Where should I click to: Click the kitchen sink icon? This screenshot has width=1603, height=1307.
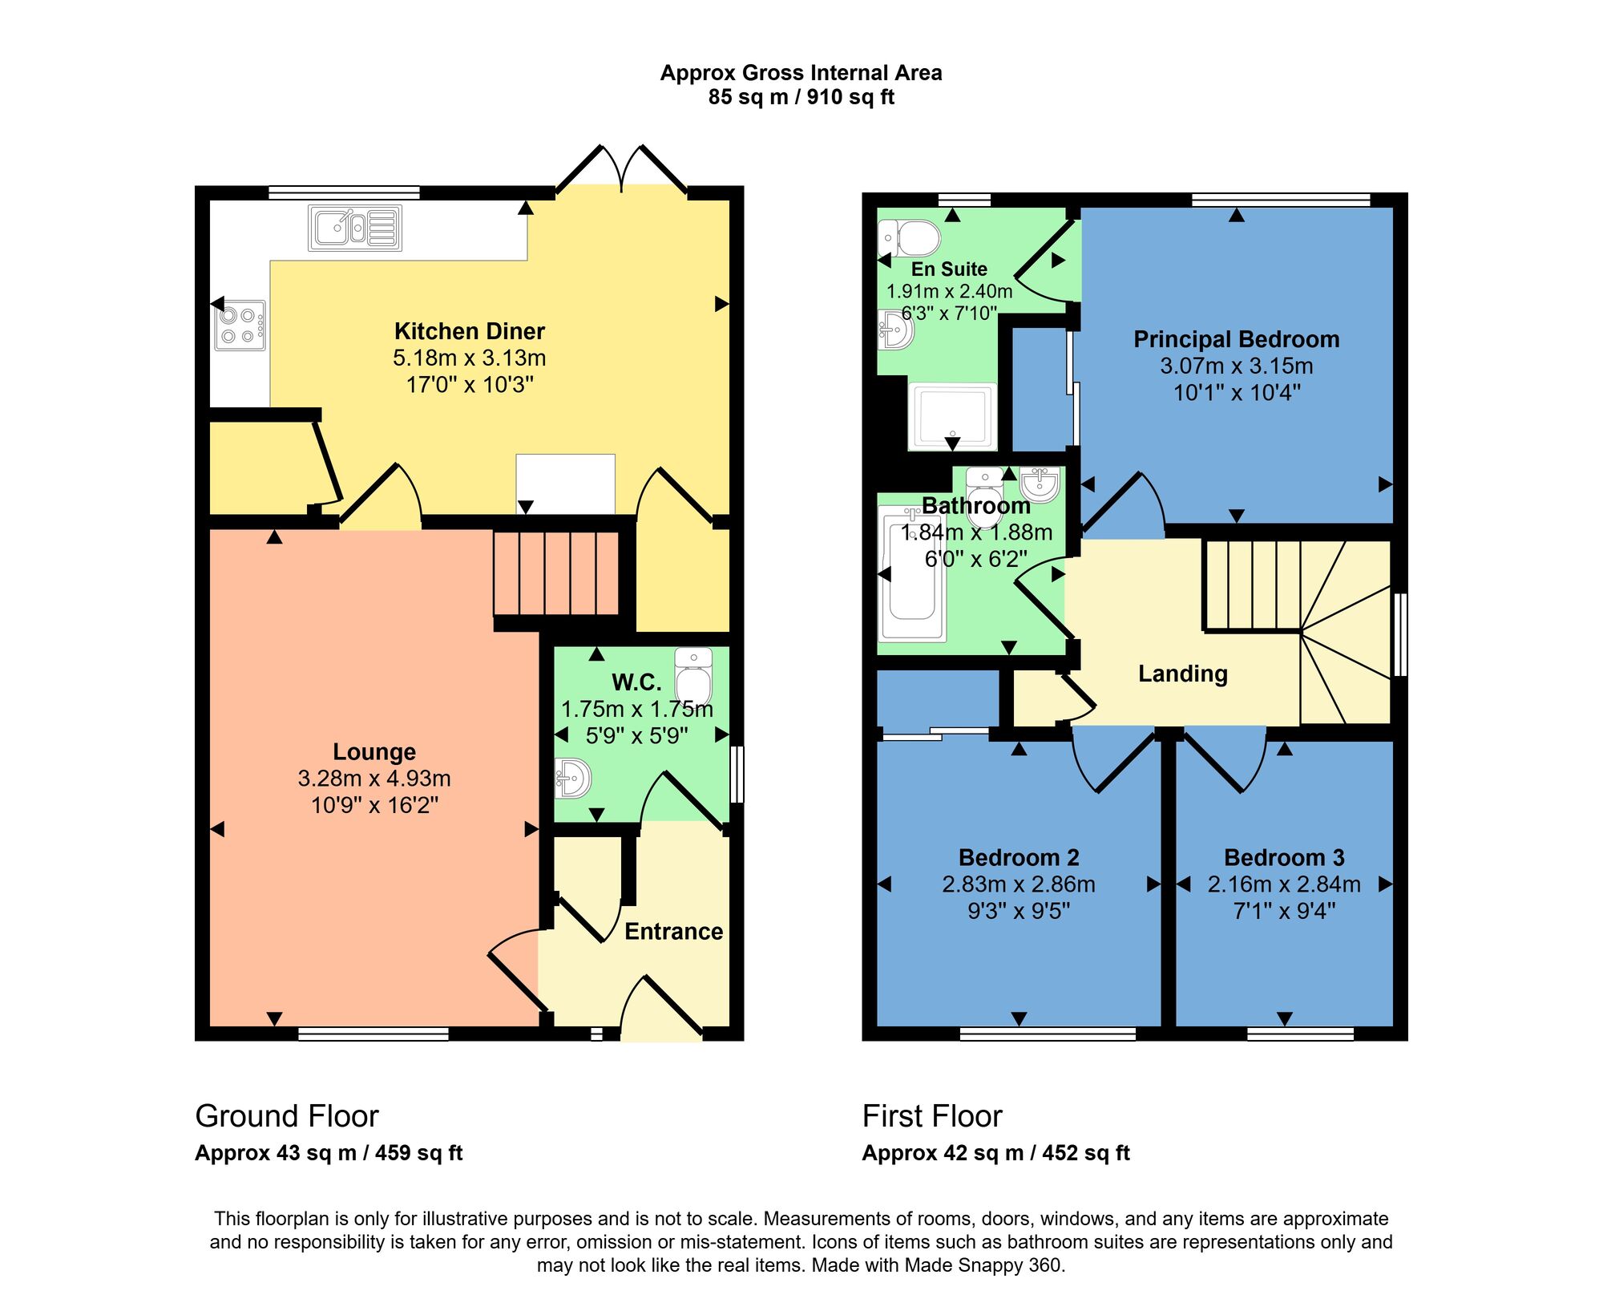pyautogui.click(x=354, y=228)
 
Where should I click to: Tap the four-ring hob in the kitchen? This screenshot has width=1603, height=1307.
pyautogui.click(x=240, y=326)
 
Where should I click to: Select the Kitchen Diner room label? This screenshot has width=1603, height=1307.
pyautogui.click(x=469, y=331)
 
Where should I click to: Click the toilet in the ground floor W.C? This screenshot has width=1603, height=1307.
pyautogui.click(x=693, y=676)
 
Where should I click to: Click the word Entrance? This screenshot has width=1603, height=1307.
pyautogui.click(x=673, y=931)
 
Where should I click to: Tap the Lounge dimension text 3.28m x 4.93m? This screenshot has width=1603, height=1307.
pyautogui.click(x=374, y=779)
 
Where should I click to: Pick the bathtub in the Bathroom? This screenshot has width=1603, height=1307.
pyautogui.click(x=912, y=577)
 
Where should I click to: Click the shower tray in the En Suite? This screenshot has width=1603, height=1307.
pyautogui.click(x=952, y=416)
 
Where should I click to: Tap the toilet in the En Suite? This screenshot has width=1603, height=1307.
pyautogui.click(x=911, y=238)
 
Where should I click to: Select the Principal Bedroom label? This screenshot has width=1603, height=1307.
pyautogui.click(x=1236, y=339)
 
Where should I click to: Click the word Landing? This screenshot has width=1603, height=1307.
pyautogui.click(x=1182, y=674)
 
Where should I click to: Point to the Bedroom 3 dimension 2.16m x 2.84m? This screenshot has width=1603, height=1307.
pyautogui.click(x=1284, y=884)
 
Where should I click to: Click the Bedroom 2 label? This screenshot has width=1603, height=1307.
pyautogui.click(x=1019, y=857)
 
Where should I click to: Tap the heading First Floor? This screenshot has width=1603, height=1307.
pyautogui.click(x=931, y=1116)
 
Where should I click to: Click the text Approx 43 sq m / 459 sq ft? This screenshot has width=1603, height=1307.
pyautogui.click(x=329, y=1153)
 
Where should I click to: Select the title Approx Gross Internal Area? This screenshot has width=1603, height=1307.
pyautogui.click(x=801, y=73)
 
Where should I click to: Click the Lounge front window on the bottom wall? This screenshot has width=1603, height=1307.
pyautogui.click(x=373, y=1034)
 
